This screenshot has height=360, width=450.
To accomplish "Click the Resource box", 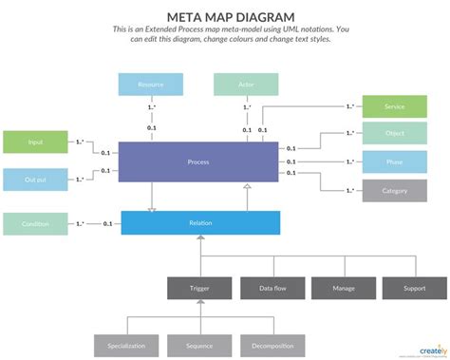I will click(151, 85).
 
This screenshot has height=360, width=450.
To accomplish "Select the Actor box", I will click(246, 85).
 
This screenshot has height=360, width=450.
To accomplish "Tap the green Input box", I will click(35, 142).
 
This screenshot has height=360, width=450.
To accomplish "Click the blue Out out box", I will click(35, 179).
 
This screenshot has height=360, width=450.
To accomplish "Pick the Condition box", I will click(35, 223).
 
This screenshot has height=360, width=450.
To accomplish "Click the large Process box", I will click(199, 161).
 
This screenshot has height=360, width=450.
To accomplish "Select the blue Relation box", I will click(200, 223).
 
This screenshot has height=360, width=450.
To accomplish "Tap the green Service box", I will click(395, 107).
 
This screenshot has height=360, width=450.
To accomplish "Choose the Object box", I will click(395, 134).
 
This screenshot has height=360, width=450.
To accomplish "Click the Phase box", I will click(395, 162).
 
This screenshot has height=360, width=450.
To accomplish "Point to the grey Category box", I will click(395, 191).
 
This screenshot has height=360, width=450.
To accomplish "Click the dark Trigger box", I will click(199, 287).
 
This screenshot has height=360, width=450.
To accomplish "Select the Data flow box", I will click(271, 287).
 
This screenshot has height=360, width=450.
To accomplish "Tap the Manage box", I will click(343, 287).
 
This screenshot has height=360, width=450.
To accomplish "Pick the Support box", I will click(414, 287).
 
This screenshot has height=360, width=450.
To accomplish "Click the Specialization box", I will click(126, 346).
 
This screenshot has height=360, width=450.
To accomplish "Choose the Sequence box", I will click(199, 346).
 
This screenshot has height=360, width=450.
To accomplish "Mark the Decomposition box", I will click(271, 346).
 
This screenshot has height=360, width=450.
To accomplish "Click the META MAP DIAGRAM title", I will click(224, 17).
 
